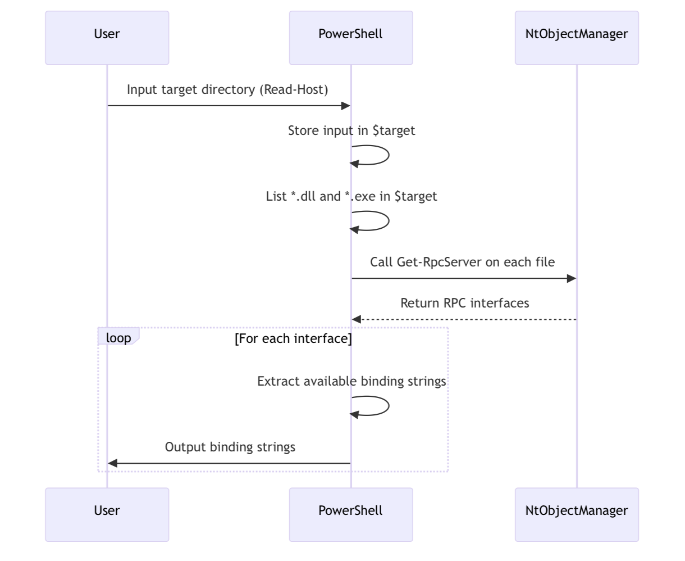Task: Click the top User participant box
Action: point(107,38)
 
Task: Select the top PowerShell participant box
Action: point(351,38)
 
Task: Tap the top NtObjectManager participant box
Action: point(577,38)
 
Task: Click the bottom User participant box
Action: point(107,514)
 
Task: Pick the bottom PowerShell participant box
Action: point(351,514)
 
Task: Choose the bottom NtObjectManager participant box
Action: point(577,514)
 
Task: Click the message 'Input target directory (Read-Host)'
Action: point(227,90)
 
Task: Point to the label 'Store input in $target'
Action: point(351,131)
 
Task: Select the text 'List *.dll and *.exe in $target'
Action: point(351,196)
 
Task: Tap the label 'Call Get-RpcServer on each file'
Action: point(462,262)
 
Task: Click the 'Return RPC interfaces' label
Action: point(464,303)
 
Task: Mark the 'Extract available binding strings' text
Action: point(351,382)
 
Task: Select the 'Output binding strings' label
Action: point(230,447)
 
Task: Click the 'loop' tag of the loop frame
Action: point(118,336)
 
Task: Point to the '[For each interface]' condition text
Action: point(293,338)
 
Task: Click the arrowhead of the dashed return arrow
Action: point(357,319)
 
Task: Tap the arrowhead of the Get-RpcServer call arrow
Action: point(572,278)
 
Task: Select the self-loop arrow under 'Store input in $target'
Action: point(389,155)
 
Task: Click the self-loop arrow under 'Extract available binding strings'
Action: point(389,406)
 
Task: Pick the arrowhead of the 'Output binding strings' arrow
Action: point(112,463)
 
